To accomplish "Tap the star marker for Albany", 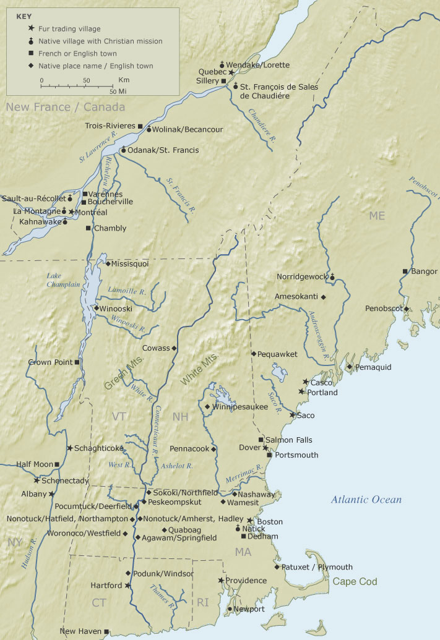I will point(52,494).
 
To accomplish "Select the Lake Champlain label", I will point(63,280).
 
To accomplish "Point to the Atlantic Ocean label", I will point(366,500).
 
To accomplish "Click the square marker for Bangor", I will point(405,271).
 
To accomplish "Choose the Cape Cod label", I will point(355,582).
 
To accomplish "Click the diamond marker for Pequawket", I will point(253,354).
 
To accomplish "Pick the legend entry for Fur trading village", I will point(69,29).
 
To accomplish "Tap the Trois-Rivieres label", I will point(110,126).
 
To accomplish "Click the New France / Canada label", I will point(57,107).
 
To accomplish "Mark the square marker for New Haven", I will point(106,631).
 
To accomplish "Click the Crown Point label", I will point(50,362).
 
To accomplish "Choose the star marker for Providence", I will point(221,581).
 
